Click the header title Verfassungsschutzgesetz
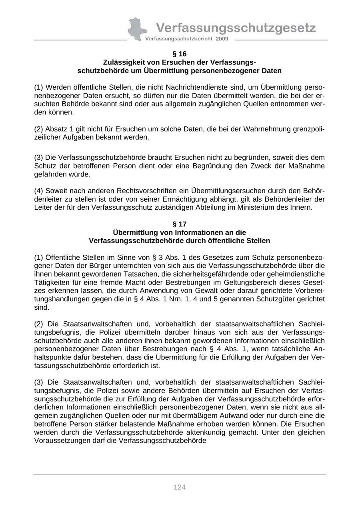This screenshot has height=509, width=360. coord(236,28)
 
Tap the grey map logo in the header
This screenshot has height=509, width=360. coord(137,29)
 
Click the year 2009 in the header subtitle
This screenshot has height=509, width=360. coord(222,39)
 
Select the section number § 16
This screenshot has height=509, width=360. coord(179,54)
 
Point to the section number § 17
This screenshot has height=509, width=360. coord(179,224)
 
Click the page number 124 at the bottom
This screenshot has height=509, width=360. coord(179,487)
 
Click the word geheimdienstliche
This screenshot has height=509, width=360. coord(296,274)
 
